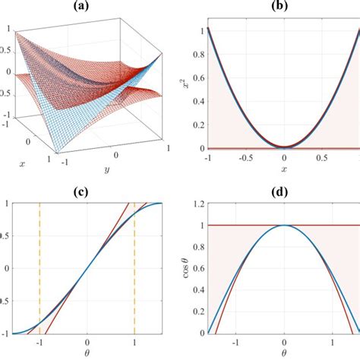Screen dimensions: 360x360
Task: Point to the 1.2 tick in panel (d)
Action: [x=197, y=204]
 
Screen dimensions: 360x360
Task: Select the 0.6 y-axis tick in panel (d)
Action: [x=197, y=269]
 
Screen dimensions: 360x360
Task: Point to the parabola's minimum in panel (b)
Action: [x=283, y=146]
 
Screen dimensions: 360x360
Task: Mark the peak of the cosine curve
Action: [x=283, y=226]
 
